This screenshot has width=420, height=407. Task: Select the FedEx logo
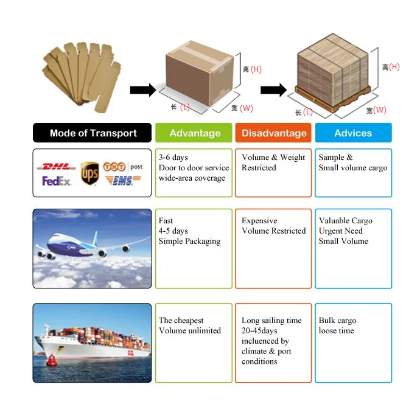click(x=57, y=181)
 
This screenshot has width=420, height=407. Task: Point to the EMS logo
click(x=122, y=181)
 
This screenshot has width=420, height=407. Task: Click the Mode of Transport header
click(x=93, y=133)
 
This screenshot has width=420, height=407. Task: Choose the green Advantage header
click(x=194, y=133)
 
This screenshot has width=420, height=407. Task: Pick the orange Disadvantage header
click(x=273, y=133)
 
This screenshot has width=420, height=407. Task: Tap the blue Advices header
click(x=353, y=133)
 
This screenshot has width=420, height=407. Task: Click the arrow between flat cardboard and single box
click(x=143, y=90)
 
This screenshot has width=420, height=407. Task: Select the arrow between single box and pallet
click(x=273, y=90)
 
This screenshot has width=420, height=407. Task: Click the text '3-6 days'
click(x=173, y=158)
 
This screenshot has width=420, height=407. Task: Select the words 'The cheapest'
click(x=181, y=321)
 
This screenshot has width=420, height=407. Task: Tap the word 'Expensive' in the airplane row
click(x=259, y=221)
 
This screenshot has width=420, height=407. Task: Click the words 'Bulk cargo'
click(x=337, y=321)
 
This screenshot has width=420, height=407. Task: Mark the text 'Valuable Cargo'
click(x=345, y=221)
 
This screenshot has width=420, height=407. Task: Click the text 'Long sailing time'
click(x=271, y=321)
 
